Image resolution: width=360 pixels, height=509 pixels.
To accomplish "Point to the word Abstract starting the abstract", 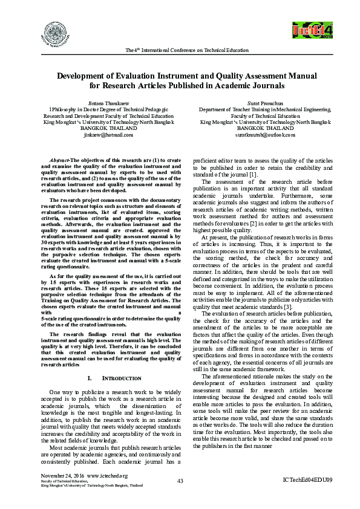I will click(x=59, y=158).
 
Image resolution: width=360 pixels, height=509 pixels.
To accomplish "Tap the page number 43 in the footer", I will click(x=180, y=480).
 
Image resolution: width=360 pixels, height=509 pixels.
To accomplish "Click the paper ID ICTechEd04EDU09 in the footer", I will click(x=307, y=480).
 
